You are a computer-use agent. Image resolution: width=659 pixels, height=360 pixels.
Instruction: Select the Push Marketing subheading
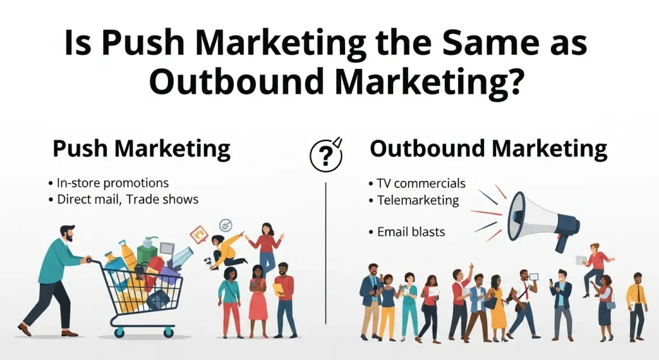141,149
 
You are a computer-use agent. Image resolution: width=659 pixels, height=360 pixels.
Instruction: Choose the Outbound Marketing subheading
488,149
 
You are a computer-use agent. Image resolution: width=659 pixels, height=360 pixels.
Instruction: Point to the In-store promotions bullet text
113,183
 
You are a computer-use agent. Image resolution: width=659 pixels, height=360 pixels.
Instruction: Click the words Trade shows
162,199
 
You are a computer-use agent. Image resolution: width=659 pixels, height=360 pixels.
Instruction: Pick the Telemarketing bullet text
418,200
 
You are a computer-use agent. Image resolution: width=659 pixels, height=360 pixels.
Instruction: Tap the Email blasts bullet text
411,231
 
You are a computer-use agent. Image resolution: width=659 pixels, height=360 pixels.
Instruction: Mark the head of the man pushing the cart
67,233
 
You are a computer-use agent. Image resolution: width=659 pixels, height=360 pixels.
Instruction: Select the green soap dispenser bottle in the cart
147,247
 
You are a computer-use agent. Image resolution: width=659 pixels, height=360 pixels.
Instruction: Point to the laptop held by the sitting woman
581,260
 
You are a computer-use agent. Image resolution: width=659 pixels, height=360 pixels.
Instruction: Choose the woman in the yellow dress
496,305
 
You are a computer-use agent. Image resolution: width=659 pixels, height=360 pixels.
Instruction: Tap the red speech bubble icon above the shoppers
199,232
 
